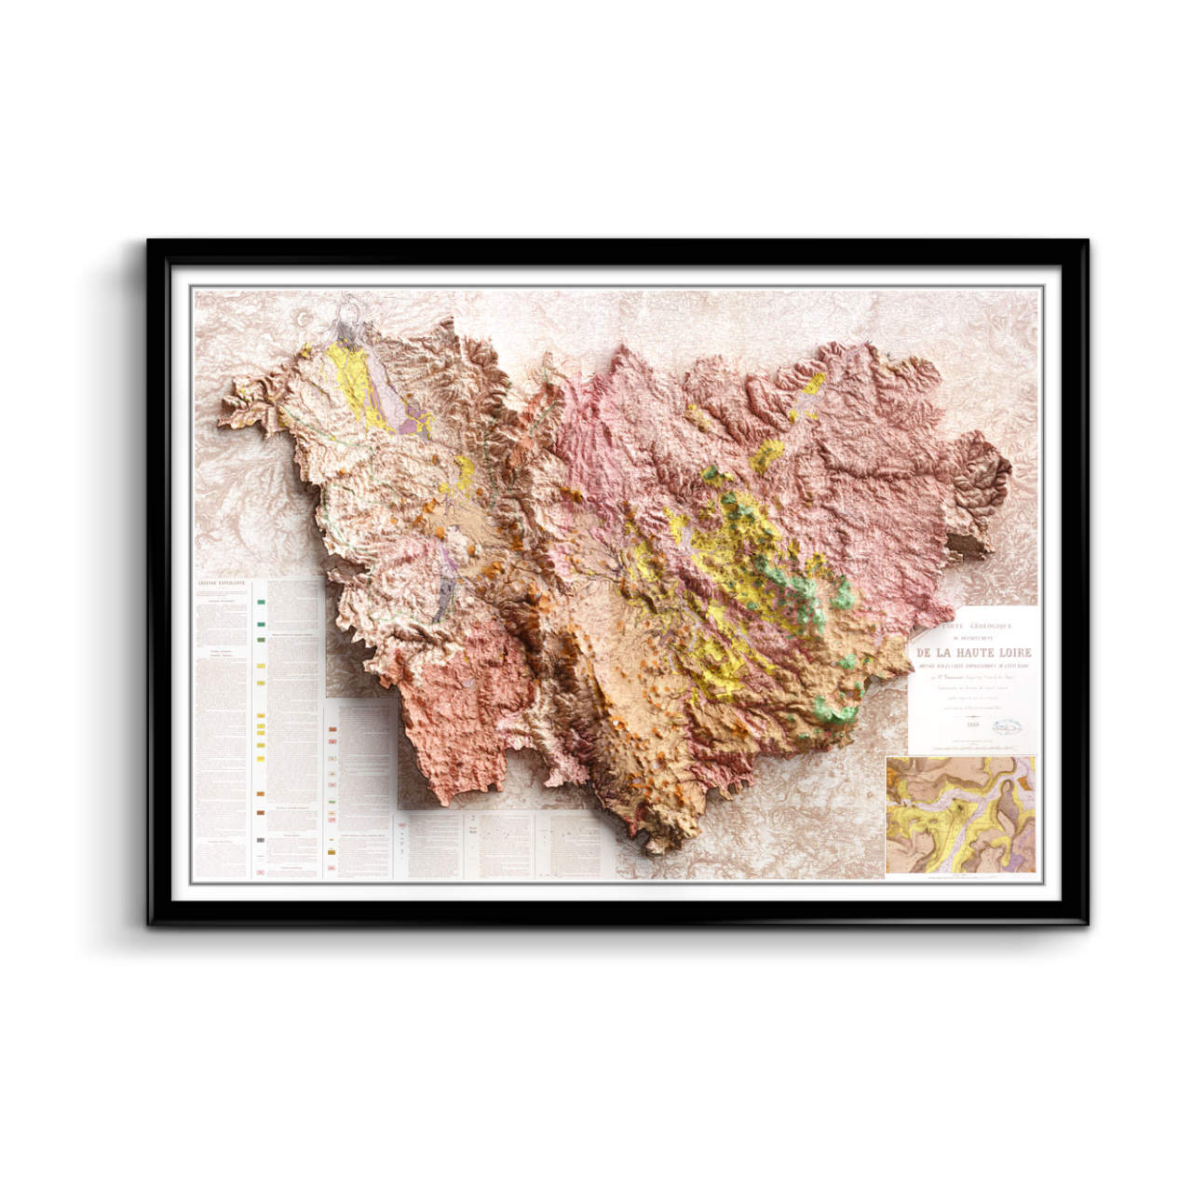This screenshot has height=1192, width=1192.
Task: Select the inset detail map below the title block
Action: coord(961,816)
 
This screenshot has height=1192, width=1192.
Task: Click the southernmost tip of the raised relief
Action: coord(659,849)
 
